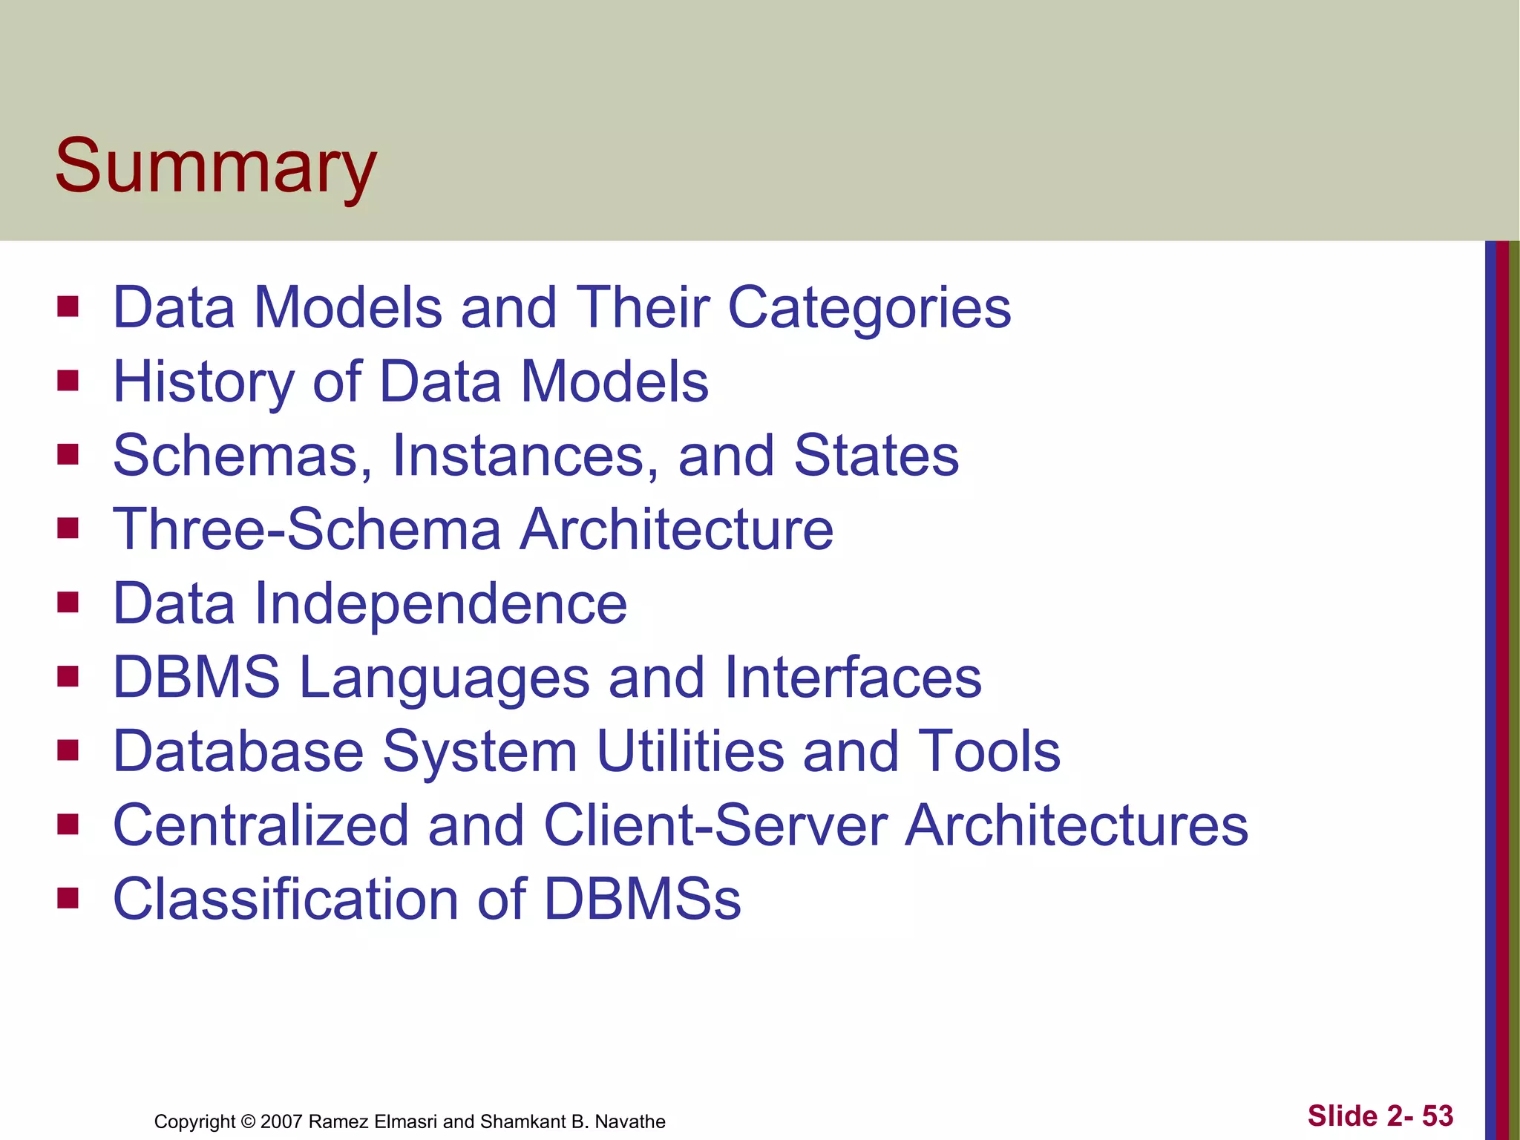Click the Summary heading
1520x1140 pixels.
(x=215, y=166)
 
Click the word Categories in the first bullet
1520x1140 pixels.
(x=869, y=308)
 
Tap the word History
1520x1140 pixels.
(x=203, y=382)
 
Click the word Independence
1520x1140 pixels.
(x=441, y=604)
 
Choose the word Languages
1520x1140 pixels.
(x=444, y=678)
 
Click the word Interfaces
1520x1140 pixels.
(x=853, y=678)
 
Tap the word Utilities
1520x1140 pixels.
(x=690, y=751)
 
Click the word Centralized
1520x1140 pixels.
(x=261, y=825)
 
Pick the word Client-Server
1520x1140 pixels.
(x=716, y=825)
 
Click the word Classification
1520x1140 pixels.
(x=285, y=899)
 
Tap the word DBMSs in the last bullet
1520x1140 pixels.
(x=643, y=899)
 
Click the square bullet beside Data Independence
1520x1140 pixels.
(x=68, y=602)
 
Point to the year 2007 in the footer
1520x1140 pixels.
(x=281, y=1121)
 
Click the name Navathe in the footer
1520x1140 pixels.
(x=630, y=1121)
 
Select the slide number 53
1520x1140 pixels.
(x=1437, y=1116)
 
